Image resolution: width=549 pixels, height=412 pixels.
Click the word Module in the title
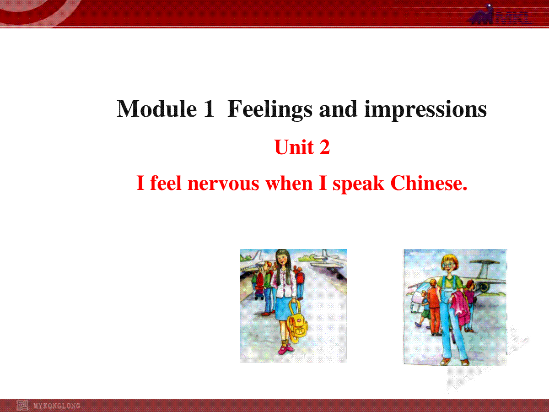[x=157, y=109]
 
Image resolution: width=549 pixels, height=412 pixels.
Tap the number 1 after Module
[x=209, y=109]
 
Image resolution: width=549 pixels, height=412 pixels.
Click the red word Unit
[x=294, y=147]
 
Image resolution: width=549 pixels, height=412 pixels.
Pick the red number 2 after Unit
[x=325, y=147]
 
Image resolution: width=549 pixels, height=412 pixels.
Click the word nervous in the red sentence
[x=223, y=184]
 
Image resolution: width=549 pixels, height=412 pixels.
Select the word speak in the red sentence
[x=358, y=184]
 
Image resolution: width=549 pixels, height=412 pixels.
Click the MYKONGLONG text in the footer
[x=57, y=406]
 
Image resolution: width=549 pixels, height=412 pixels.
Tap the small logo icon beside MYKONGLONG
[x=22, y=406]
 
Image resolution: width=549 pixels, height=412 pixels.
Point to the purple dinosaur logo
[x=481, y=15]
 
